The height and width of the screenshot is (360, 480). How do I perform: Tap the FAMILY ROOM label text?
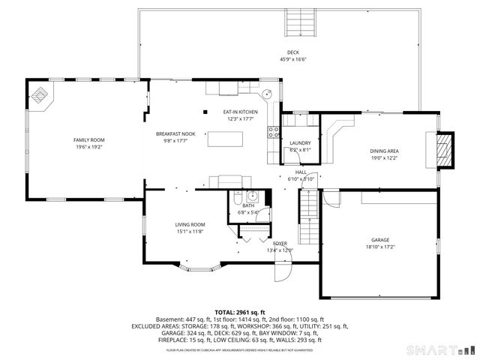coord(88,140)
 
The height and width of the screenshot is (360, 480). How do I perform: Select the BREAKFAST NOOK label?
coord(175,133)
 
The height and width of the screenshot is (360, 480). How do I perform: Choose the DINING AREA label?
coord(382,151)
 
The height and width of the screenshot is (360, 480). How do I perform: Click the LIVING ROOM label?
coord(190,224)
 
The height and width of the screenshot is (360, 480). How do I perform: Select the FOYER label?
coord(280,244)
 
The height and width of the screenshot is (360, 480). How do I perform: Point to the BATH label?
coord(247,205)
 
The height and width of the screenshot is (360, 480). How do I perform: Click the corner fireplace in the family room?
coord(40,96)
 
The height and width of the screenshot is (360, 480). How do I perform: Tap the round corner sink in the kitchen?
coord(266,95)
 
